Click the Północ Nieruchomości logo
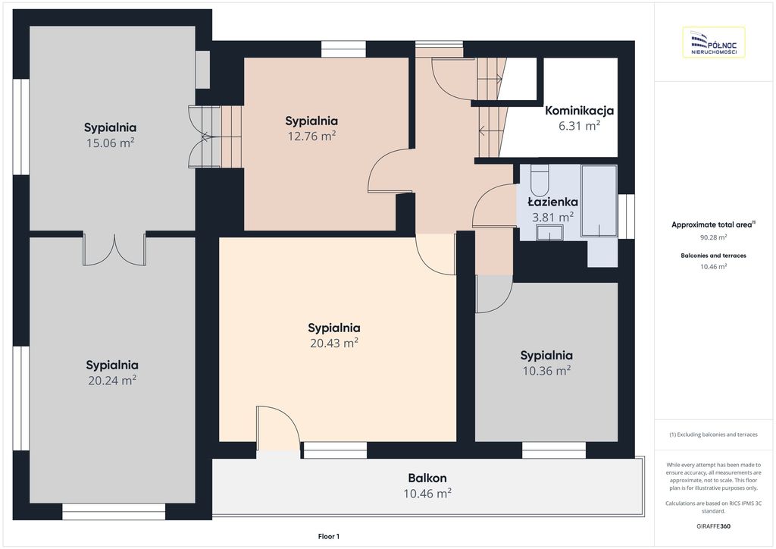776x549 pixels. pyautogui.click(x=714, y=42)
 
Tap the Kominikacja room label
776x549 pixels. pyautogui.click(x=579, y=111)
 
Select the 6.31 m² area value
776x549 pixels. pyautogui.click(x=579, y=126)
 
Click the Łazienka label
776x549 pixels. pyautogui.click(x=552, y=202)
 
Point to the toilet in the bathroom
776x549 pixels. pyautogui.click(x=539, y=180)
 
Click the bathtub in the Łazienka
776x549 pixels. pyautogui.click(x=599, y=200)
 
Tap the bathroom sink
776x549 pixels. pyautogui.click(x=550, y=232)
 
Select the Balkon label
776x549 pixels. pyautogui.click(x=427, y=478)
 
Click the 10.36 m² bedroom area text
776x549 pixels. pyautogui.click(x=547, y=370)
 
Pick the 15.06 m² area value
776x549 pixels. pyautogui.click(x=111, y=143)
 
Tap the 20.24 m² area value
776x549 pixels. pyautogui.click(x=112, y=380)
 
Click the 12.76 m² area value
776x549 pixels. pyautogui.click(x=311, y=136)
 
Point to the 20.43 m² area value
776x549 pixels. pyautogui.click(x=334, y=343)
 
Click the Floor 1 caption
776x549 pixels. pyautogui.click(x=329, y=536)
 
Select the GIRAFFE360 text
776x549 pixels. pyautogui.click(x=713, y=526)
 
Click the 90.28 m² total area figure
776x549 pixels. pyautogui.click(x=713, y=237)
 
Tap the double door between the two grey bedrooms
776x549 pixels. pyautogui.click(x=114, y=249)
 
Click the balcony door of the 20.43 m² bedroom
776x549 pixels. pyautogui.click(x=278, y=428)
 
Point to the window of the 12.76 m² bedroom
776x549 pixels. pyautogui.click(x=343, y=49)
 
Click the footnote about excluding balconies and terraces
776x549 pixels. pyautogui.click(x=713, y=434)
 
